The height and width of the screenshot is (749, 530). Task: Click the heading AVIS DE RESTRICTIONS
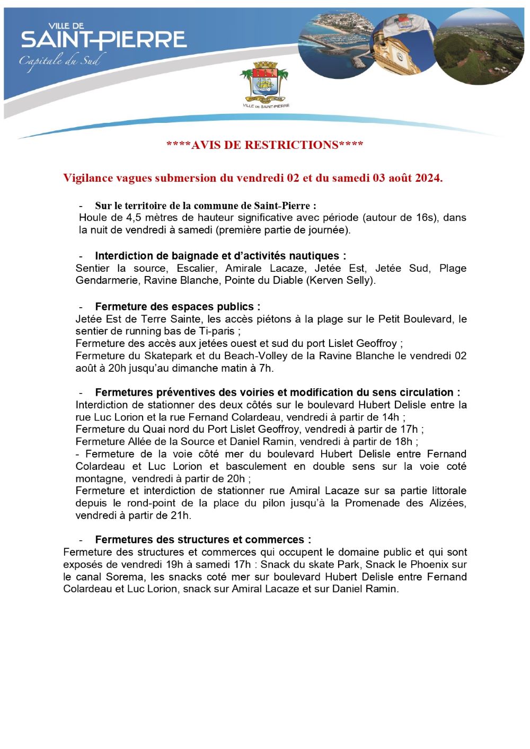coord(264,145)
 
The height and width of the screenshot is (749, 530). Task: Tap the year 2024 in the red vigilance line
coord(428,178)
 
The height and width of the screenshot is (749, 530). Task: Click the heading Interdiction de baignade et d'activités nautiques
coord(220,256)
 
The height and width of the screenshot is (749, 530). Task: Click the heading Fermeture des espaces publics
coord(178,307)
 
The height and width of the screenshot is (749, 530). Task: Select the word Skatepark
coord(167,355)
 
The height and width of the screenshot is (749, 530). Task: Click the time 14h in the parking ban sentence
coord(389,417)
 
